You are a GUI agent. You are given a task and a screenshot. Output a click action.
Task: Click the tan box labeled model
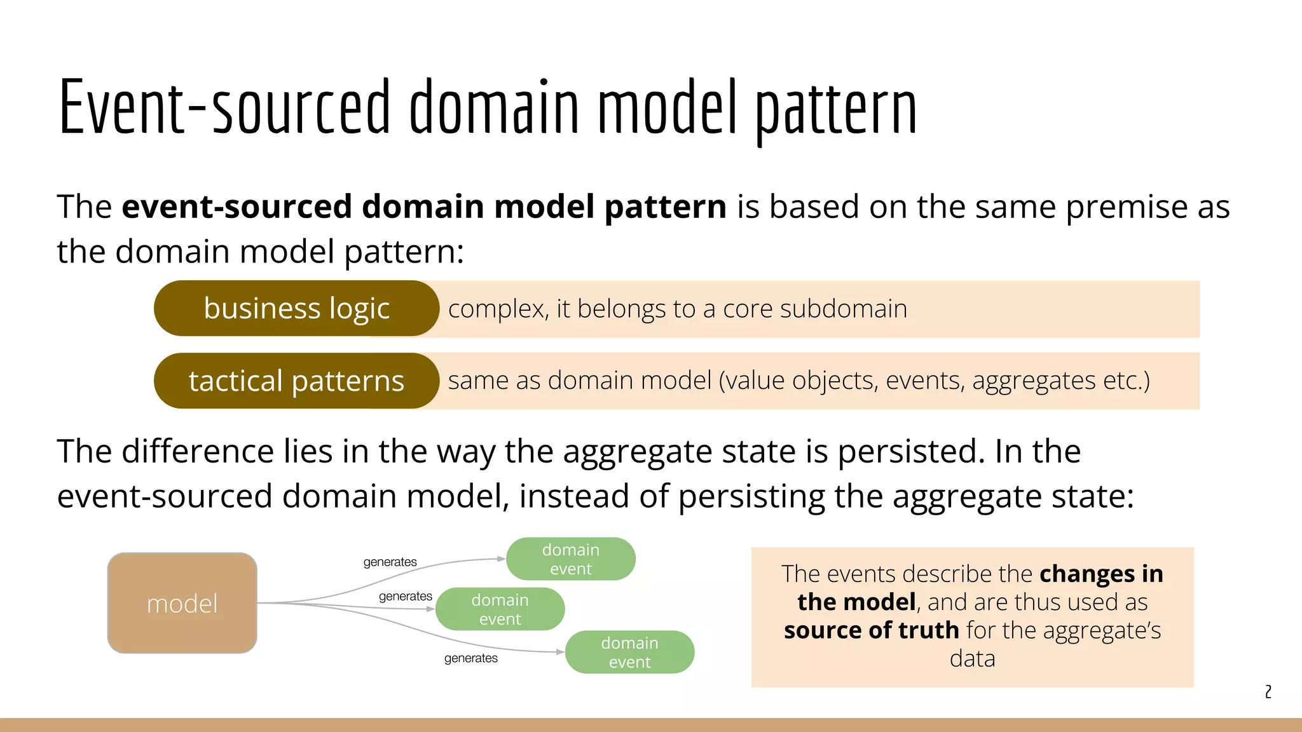[x=182, y=603]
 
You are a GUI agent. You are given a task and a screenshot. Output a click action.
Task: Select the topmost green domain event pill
[x=570, y=559]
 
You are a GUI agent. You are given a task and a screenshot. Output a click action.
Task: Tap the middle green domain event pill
[x=500, y=609]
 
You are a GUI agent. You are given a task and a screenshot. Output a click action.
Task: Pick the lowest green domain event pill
[x=629, y=652]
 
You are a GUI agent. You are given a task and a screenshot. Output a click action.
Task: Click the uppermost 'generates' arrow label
[x=390, y=562]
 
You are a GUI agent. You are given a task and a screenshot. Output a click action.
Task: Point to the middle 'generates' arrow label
[x=405, y=597]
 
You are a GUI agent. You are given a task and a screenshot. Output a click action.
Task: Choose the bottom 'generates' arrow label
[x=470, y=658]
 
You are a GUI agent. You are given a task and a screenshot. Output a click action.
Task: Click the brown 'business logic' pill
[x=296, y=309]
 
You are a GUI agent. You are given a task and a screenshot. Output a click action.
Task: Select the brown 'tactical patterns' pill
[x=296, y=381]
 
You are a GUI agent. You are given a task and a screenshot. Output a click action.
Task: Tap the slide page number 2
[x=1268, y=691]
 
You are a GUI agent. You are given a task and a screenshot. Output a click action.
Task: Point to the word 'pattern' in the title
[x=835, y=108]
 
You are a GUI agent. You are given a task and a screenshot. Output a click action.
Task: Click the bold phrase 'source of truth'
[x=871, y=630]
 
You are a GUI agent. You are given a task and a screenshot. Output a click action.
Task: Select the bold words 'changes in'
[x=1101, y=574]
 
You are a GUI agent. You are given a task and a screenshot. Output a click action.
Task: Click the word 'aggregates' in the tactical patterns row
[x=1033, y=381]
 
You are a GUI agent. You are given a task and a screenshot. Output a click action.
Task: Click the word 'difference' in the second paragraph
[x=197, y=452]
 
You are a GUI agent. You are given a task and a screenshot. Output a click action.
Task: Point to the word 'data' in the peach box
[x=972, y=659]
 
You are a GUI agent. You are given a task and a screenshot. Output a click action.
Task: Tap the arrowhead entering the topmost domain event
[x=502, y=559]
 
